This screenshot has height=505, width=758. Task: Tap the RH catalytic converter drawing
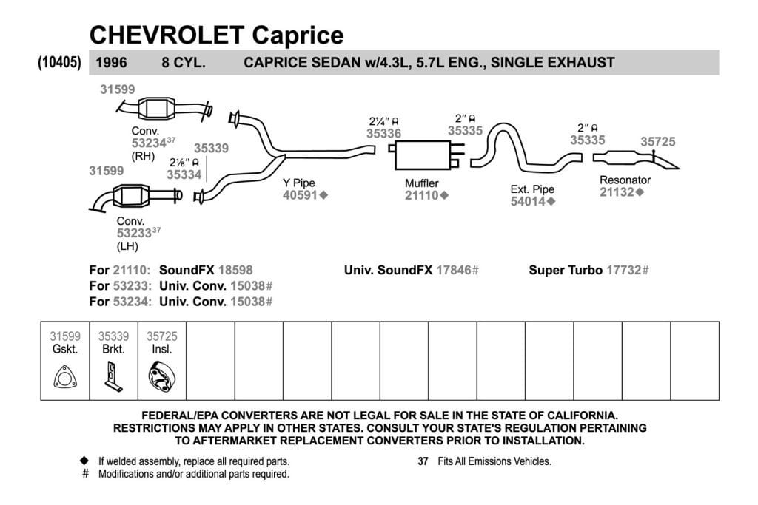157,108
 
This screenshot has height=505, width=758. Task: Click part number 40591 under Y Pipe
300,195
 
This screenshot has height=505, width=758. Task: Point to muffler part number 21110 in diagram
421,195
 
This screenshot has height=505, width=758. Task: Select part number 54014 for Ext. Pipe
527,201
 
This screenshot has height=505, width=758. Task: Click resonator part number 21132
617,192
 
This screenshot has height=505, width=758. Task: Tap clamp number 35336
384,134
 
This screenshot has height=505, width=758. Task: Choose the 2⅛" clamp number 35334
184,174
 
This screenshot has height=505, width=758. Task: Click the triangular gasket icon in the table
65,378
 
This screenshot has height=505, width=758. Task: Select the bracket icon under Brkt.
113,376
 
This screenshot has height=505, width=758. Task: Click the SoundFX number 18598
235,270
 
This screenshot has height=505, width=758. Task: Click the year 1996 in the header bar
111,62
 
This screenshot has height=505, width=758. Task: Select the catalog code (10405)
59,62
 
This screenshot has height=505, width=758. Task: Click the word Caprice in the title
298,35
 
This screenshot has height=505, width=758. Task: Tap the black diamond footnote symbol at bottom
84,461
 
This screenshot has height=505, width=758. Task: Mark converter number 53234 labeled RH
149,143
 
